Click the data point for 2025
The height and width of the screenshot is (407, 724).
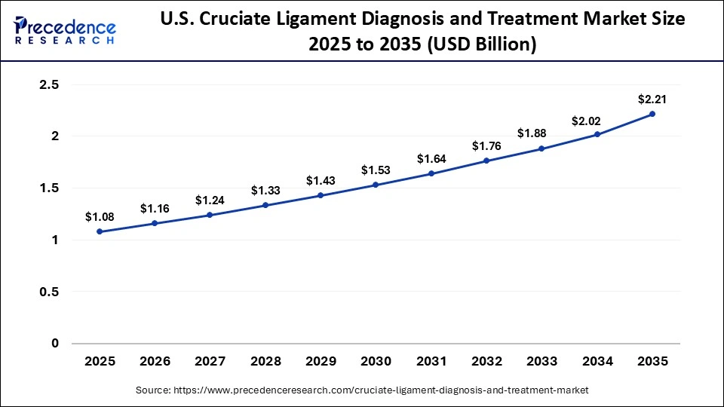pyautogui.click(x=100, y=231)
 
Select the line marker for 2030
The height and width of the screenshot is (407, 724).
pyautogui.click(x=376, y=185)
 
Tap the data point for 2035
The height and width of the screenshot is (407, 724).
pyautogui.click(x=652, y=114)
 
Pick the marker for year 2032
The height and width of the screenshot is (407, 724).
pyautogui.click(x=486, y=161)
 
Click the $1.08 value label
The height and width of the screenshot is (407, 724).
pyautogui.click(x=100, y=217)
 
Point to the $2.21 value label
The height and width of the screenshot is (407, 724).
pyautogui.click(x=652, y=99)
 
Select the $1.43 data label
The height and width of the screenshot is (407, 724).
pyautogui.click(x=321, y=181)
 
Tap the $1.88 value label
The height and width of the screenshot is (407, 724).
pyautogui.click(x=532, y=133)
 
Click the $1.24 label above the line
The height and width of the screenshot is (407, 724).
pyautogui.click(x=210, y=200)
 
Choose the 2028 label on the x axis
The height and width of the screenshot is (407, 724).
pyautogui.click(x=265, y=362)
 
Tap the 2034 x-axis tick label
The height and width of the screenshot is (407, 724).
pyautogui.click(x=597, y=362)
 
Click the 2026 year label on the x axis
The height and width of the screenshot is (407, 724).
pyautogui.click(x=155, y=362)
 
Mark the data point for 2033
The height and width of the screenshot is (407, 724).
pyautogui.click(x=541, y=148)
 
